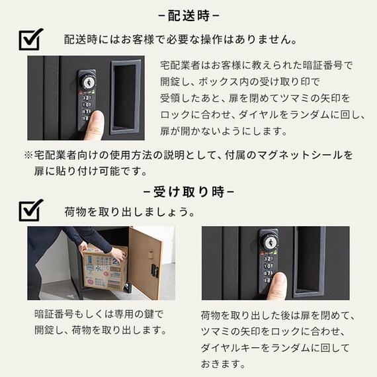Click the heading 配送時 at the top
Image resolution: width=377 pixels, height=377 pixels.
[189, 14]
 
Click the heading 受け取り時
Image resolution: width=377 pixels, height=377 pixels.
[189, 192]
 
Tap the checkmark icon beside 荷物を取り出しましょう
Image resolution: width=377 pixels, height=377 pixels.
[30, 210]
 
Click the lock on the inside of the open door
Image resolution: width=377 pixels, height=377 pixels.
[154, 271]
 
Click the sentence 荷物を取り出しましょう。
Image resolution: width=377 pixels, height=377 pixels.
[129, 213]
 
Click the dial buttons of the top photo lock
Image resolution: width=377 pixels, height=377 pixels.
[87, 108]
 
